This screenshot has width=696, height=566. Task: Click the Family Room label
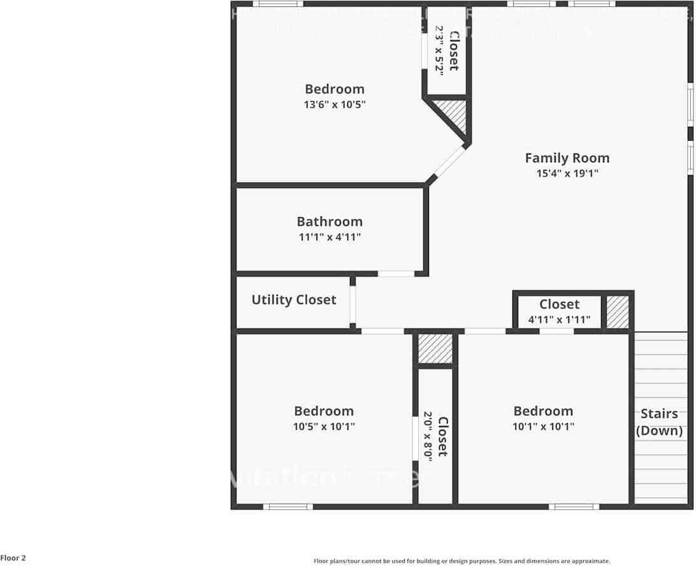click(x=567, y=158)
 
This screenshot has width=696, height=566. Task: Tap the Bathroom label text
click(x=330, y=222)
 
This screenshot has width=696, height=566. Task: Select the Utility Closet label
click(x=294, y=300)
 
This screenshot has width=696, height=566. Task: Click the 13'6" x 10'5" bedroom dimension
click(x=335, y=104)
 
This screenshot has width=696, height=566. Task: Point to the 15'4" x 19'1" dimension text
click(x=567, y=173)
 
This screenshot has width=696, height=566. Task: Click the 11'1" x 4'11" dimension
click(x=330, y=237)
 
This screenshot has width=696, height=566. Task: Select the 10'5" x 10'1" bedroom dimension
click(x=324, y=427)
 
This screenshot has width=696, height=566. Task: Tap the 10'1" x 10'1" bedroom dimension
click(x=543, y=427)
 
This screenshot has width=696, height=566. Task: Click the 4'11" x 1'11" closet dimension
click(x=559, y=320)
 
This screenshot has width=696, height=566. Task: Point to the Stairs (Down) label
click(x=659, y=422)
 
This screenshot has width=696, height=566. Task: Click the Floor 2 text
click(x=13, y=558)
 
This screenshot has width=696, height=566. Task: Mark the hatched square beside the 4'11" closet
click(x=617, y=312)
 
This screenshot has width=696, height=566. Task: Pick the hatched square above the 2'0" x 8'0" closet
click(x=435, y=348)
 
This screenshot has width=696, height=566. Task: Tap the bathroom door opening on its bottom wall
click(x=396, y=274)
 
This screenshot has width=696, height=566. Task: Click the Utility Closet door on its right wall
click(x=352, y=302)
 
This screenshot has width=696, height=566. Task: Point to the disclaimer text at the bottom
click(x=461, y=561)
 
